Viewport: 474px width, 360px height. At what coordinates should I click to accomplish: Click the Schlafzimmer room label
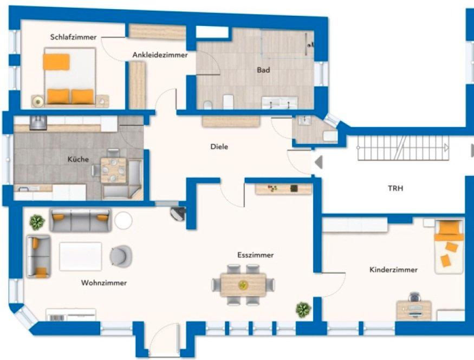tap(74, 37)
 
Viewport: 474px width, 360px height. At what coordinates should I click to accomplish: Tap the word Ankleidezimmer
tap(160, 55)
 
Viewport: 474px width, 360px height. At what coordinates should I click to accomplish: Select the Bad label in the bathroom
tap(263, 70)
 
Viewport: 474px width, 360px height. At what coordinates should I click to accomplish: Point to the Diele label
tap(219, 147)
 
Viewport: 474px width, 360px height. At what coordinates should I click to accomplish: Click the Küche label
tap(78, 159)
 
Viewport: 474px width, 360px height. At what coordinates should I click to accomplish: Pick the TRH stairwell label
tap(395, 188)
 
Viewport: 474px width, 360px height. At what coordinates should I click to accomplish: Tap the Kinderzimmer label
tap(393, 270)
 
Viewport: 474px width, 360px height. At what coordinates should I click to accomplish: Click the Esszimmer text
tap(256, 255)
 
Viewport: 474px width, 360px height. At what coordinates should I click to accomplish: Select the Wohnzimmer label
tap(103, 283)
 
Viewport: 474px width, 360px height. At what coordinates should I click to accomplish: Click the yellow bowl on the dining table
tap(242, 285)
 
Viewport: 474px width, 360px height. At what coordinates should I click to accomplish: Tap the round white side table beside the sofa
tap(124, 221)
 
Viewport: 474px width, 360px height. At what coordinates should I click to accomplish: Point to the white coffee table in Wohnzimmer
tap(80, 257)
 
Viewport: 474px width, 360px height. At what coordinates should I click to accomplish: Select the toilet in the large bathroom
tap(207, 105)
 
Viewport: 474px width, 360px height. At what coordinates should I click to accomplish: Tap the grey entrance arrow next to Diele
tap(319, 162)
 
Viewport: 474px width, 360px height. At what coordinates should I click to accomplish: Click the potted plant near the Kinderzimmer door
tap(303, 310)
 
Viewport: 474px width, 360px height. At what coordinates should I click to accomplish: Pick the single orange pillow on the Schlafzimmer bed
tap(56, 62)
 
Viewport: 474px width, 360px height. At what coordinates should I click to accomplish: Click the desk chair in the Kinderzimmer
tap(414, 297)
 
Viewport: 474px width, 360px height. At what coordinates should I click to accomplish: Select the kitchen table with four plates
tap(113, 171)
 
